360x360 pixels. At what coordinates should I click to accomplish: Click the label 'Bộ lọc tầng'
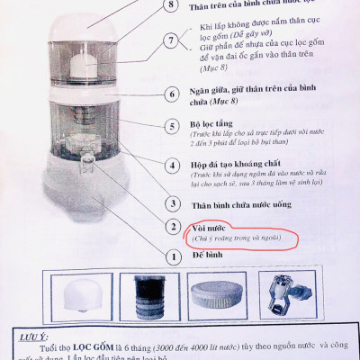(x=214, y=126)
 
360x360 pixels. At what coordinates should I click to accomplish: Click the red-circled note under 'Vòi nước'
(x=240, y=238)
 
